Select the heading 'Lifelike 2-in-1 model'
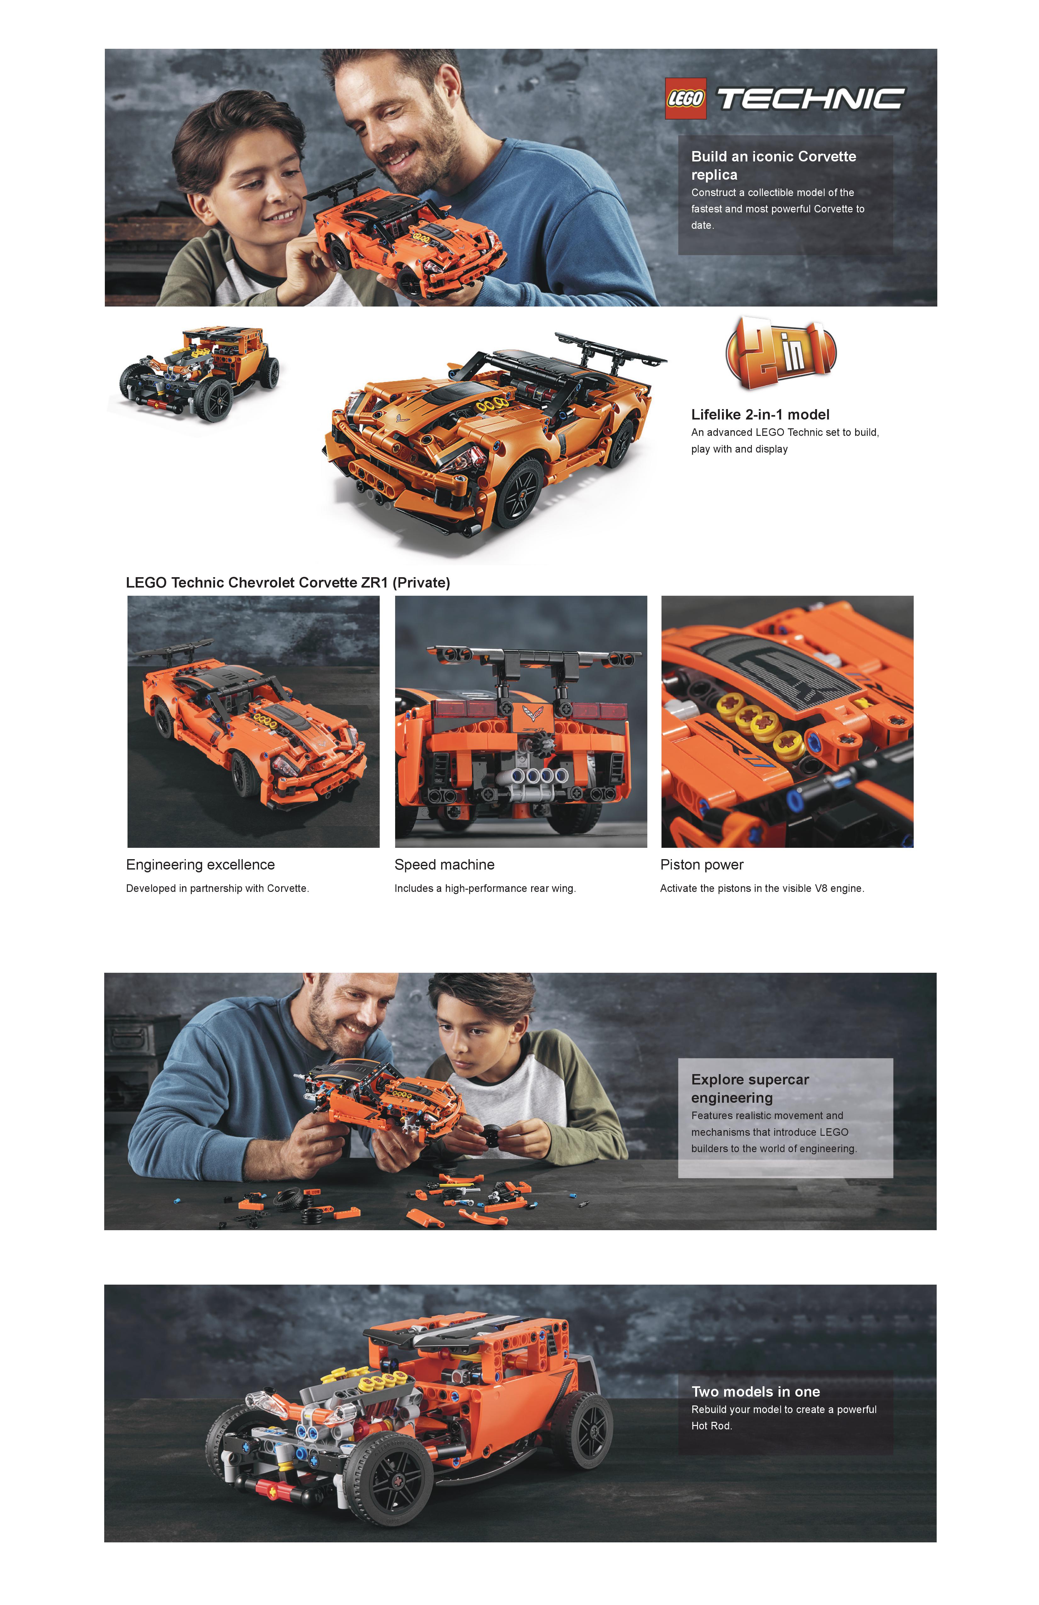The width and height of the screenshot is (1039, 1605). click(x=760, y=415)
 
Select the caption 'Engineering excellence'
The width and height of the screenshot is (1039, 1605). click(x=200, y=864)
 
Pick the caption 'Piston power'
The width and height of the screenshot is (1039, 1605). click(x=702, y=864)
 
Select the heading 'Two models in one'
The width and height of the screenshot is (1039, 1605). click(x=756, y=1391)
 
